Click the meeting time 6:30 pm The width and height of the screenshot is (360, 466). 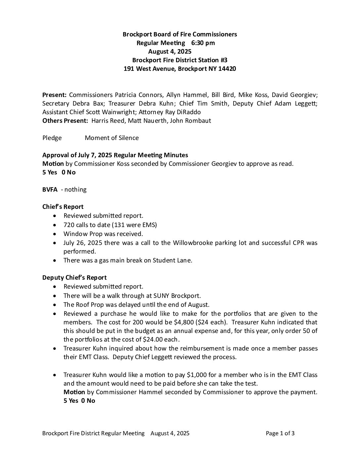[203, 43]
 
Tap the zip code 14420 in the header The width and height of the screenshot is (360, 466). [227, 69]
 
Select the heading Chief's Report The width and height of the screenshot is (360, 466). [63, 207]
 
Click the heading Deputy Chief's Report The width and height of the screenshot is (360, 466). [74, 277]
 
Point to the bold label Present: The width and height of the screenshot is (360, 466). [55, 95]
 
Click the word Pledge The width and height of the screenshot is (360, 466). [52, 138]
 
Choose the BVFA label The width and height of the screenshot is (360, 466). [50, 189]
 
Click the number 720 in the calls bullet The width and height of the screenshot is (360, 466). [69, 225]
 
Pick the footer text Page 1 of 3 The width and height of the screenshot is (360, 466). [280, 433]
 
